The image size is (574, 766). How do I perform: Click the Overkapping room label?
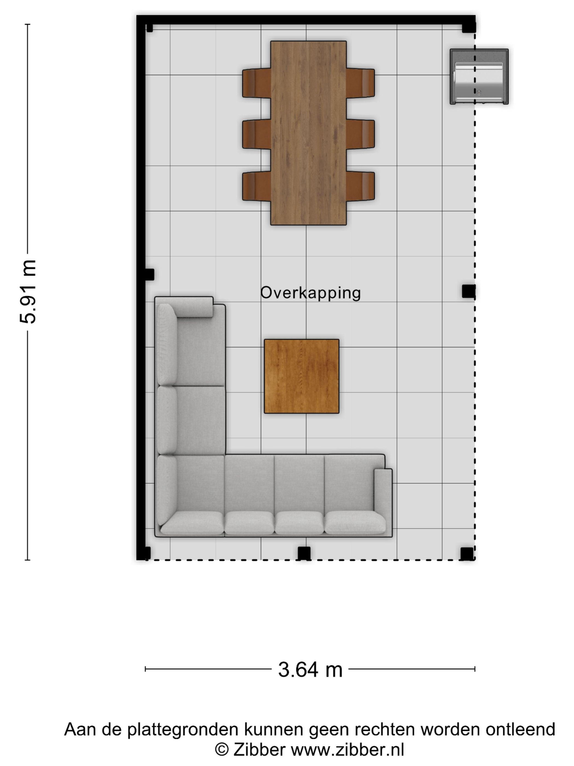point(310,293)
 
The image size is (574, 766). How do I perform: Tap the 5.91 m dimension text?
point(28,292)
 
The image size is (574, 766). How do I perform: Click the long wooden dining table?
point(308,133)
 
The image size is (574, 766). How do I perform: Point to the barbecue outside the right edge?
point(479,77)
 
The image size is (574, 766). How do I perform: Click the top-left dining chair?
point(256,83)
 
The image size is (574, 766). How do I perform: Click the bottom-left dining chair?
point(256,186)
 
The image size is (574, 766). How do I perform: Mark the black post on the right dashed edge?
point(468,291)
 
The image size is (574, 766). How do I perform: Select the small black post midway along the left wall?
point(150,275)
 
